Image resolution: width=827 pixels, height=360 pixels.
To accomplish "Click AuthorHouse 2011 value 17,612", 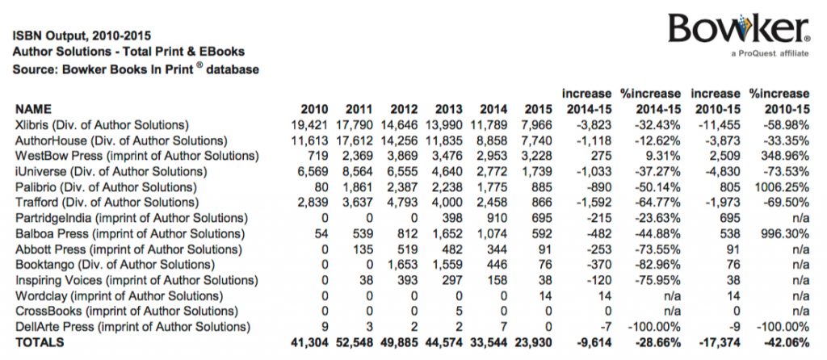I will tap(357, 140).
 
